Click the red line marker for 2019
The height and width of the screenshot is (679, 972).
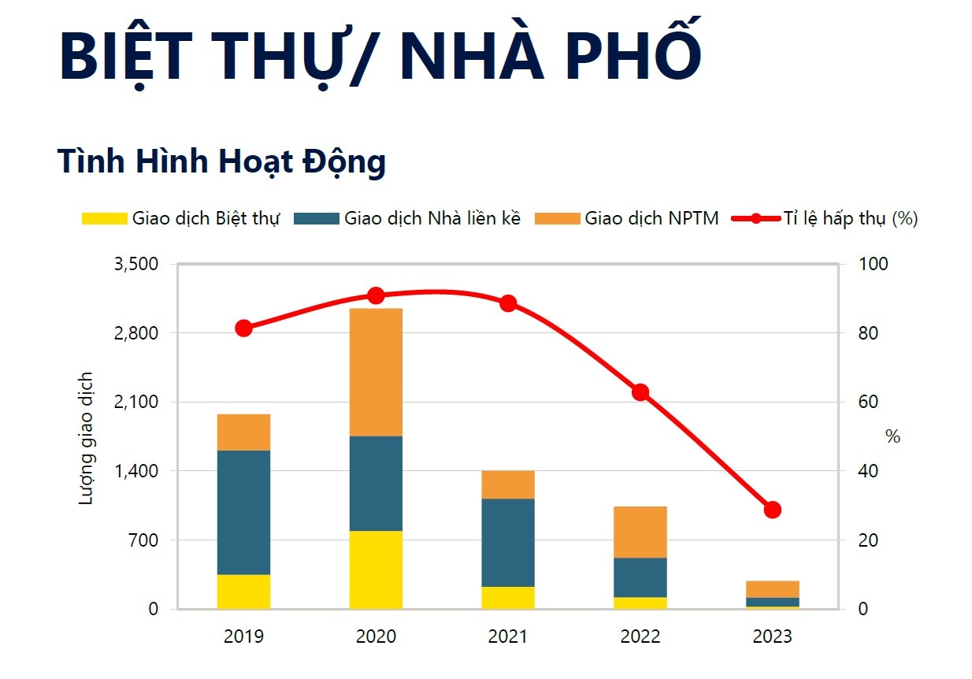pos(244,328)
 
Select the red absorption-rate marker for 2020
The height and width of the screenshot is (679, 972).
pos(376,295)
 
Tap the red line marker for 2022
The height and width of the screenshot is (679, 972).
pos(640,392)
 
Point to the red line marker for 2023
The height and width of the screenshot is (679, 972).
pos(773,510)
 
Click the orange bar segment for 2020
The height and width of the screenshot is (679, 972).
pos(376,372)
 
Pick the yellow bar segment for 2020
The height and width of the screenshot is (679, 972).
pos(376,570)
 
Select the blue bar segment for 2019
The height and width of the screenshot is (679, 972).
pos(244,512)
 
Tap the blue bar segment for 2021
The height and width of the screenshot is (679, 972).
pos(508,542)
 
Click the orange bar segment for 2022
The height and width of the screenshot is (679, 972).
pos(640,532)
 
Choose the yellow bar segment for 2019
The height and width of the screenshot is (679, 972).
pos(244,592)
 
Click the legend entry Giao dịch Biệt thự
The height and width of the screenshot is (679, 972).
pos(181,218)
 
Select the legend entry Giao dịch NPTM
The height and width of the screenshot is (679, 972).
pos(627,218)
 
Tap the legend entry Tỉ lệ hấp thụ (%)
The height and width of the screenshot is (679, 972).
pos(825,218)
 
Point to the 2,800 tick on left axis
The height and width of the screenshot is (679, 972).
pos(135,333)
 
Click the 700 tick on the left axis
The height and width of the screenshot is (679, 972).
pos(144,540)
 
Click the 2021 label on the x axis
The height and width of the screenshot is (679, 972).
pos(508,636)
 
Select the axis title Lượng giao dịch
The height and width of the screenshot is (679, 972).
pos(87,438)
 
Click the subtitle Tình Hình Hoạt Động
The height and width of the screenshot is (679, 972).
pos(221,161)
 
